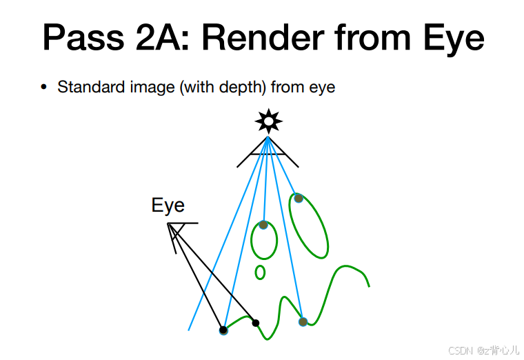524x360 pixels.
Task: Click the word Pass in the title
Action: tap(81, 38)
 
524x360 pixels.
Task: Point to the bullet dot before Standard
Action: tap(44, 88)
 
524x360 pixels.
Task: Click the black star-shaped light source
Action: tap(268, 122)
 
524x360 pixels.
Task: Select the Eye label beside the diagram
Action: tap(168, 206)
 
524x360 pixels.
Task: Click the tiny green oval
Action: tap(260, 272)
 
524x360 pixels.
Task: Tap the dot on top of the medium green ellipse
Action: tap(263, 225)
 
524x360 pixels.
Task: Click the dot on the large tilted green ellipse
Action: tap(299, 199)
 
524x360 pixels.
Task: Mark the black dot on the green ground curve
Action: tap(255, 323)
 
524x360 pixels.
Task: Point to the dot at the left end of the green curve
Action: tap(223, 330)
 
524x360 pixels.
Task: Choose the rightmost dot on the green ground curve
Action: tap(303, 321)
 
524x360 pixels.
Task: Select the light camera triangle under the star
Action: tap(268, 152)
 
